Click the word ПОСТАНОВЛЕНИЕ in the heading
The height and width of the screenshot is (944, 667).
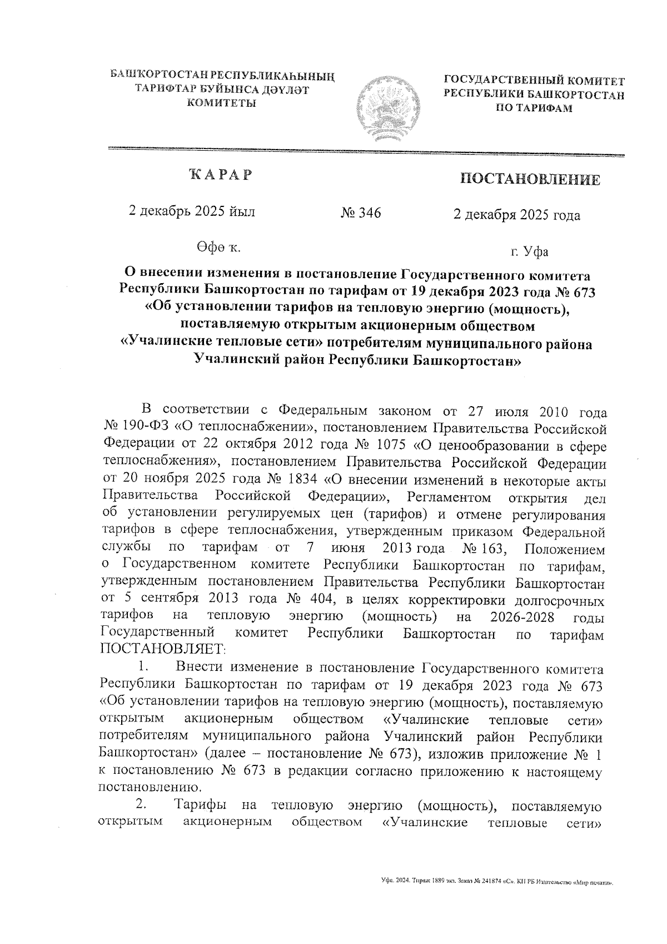[530, 179]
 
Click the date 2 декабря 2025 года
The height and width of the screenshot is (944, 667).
[517, 215]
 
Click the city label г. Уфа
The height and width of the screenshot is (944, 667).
[530, 251]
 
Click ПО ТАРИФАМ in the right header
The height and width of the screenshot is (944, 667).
[534, 108]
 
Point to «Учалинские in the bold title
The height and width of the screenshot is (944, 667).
[162, 344]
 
